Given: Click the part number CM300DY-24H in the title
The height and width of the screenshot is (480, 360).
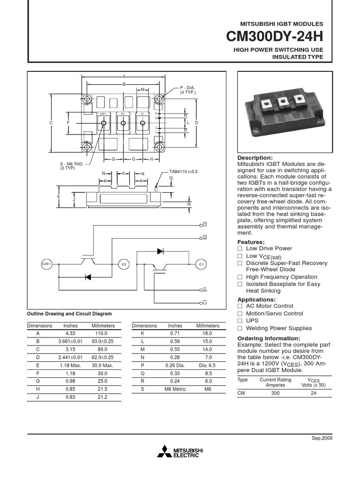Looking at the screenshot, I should (x=274, y=37).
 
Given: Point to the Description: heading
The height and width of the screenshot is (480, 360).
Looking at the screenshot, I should (x=255, y=158).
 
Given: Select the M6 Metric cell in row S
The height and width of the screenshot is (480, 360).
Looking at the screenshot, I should (x=175, y=389).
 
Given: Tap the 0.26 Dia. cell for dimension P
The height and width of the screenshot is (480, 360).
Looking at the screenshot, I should (x=175, y=365).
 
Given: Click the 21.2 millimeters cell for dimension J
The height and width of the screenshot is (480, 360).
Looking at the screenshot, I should (x=103, y=397).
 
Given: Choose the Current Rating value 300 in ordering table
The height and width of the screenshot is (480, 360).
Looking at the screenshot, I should (x=275, y=393).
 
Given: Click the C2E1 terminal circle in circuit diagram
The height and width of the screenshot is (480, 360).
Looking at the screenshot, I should (x=46, y=264).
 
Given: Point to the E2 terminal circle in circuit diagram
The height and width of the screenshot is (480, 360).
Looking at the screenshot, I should (x=124, y=264).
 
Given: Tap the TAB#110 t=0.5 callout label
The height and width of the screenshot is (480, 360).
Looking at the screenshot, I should (x=183, y=172).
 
